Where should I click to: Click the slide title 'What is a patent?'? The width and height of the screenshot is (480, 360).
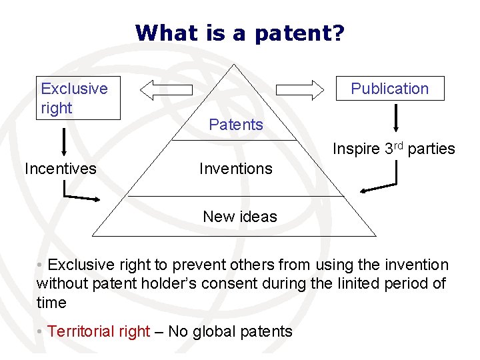pyautogui.click(x=240, y=33)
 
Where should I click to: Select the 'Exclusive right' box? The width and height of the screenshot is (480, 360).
pyautogui.click(x=78, y=98)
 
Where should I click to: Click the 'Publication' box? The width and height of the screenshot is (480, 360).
pyautogui.click(x=389, y=89)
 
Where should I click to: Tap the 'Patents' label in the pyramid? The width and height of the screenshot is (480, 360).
pyautogui.click(x=235, y=125)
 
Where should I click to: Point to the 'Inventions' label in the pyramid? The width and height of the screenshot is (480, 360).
pyautogui.click(x=235, y=169)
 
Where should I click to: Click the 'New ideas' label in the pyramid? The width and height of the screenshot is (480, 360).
pyautogui.click(x=239, y=217)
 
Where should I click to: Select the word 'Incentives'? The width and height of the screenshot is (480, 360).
pyautogui.click(x=60, y=169)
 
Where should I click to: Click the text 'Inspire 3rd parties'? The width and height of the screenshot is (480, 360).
pyautogui.click(x=394, y=149)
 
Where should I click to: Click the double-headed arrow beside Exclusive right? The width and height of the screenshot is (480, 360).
pyautogui.click(x=167, y=89)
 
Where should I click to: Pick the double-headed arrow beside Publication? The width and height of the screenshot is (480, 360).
pyautogui.click(x=299, y=89)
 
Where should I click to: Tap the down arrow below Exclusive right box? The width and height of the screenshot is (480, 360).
pyautogui.click(x=64, y=142)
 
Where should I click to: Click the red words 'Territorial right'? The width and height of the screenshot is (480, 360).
pyautogui.click(x=99, y=331)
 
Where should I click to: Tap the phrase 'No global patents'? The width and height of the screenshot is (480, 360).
pyautogui.click(x=230, y=331)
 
